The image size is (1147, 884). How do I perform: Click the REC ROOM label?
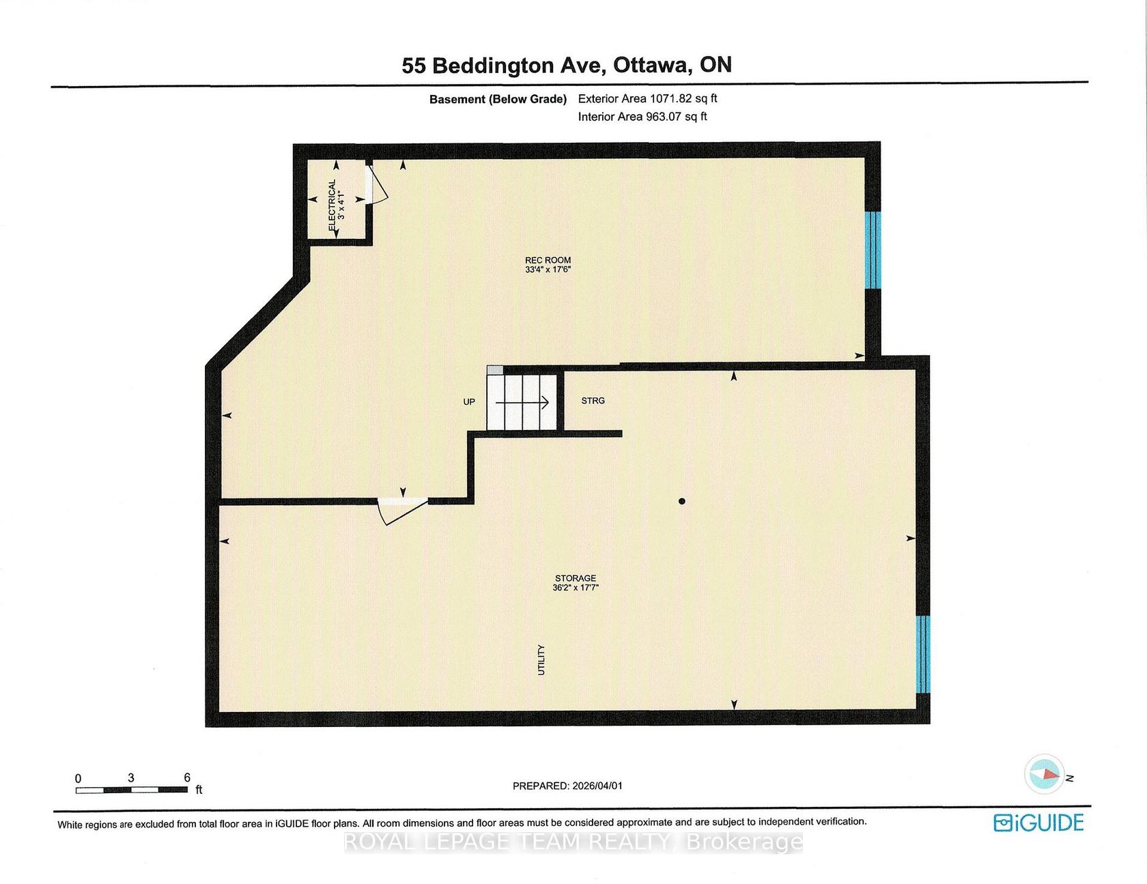(x=548, y=260)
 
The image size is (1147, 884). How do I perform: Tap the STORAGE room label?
(x=576, y=578)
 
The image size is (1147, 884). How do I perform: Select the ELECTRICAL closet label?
(x=332, y=205)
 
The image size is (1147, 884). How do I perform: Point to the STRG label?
(x=593, y=401)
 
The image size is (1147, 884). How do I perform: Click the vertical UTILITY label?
(x=541, y=660)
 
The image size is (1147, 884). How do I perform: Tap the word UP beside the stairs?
(x=469, y=401)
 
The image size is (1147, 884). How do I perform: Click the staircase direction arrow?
(x=522, y=403)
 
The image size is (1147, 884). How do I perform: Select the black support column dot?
(x=681, y=501)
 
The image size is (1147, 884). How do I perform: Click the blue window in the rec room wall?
(x=873, y=250)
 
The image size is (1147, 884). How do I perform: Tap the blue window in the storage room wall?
(x=922, y=655)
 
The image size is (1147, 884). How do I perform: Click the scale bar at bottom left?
(x=132, y=790)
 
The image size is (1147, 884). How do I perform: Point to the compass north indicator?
(x=1045, y=774)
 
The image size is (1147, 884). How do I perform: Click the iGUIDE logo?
(x=1038, y=823)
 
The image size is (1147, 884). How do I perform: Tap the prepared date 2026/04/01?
(x=593, y=786)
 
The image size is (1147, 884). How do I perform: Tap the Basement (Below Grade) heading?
(x=498, y=99)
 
